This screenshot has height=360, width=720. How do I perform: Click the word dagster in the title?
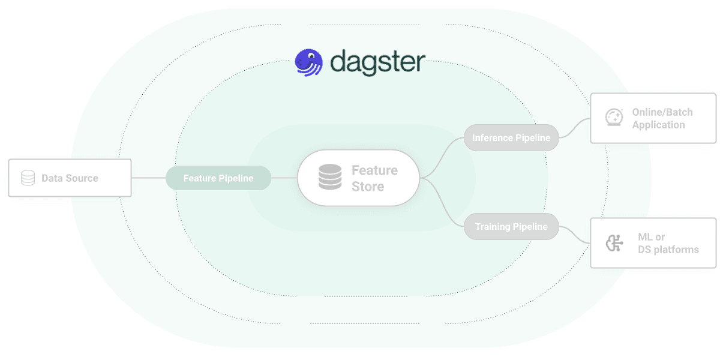click(378, 62)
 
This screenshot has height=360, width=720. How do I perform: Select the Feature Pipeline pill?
click(218, 178)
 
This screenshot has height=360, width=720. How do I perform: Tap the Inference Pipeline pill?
click(511, 138)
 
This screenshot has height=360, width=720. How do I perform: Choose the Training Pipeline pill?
click(511, 227)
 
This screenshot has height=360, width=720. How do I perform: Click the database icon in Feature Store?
click(329, 178)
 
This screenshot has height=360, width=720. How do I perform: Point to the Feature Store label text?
click(374, 178)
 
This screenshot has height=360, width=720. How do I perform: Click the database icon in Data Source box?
click(28, 178)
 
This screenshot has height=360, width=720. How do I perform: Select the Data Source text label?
click(70, 178)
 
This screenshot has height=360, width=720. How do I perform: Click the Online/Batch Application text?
click(661, 118)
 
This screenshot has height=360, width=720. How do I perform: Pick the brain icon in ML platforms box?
click(613, 243)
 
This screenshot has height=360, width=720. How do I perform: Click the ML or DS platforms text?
click(667, 243)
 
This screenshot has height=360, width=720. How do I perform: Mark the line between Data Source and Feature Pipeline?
click(148, 178)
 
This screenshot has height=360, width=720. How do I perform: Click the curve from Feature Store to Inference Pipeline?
click(444, 157)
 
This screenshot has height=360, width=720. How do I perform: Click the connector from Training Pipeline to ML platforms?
click(575, 235)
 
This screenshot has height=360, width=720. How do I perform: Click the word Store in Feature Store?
click(368, 187)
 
